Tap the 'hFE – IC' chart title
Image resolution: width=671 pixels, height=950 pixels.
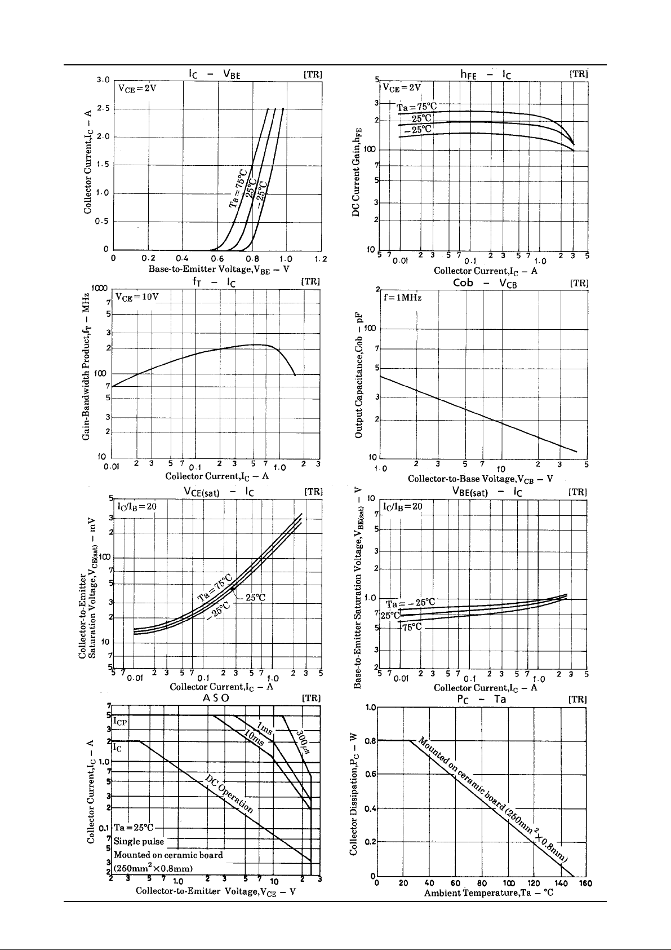482,73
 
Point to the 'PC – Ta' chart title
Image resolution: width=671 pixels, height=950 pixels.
481,699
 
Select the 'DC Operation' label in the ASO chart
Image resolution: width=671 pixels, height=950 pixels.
229,793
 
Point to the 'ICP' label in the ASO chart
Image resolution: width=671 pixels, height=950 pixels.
121,721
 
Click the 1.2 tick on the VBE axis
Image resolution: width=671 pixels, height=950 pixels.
320,259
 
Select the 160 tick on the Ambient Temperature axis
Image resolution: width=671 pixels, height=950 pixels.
585,883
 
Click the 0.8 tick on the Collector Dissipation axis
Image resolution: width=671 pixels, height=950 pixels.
369,741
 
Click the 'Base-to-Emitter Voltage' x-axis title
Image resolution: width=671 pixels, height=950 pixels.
219,269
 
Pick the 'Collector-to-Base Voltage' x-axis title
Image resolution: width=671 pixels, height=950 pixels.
480,479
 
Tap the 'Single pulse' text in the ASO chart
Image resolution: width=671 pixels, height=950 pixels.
139,842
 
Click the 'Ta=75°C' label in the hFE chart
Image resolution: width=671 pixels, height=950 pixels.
417,108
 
